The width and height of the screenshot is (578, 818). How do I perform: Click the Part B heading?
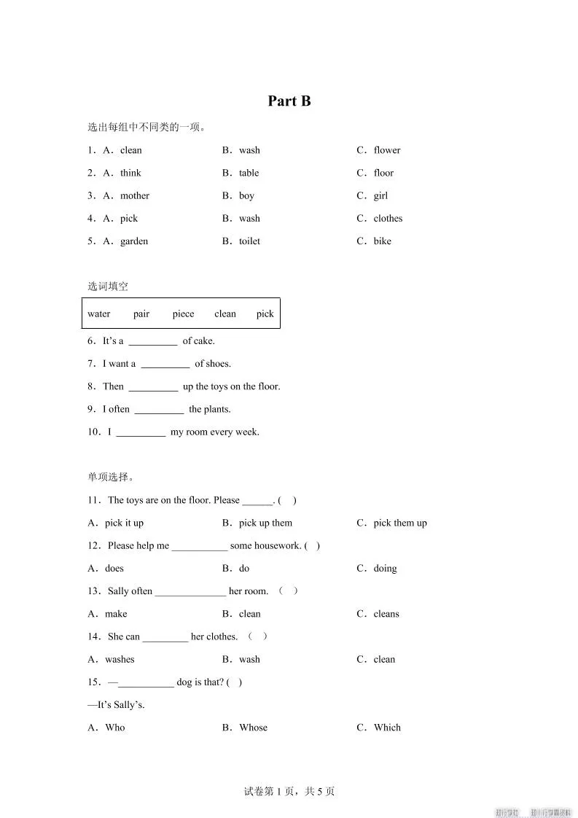(289, 101)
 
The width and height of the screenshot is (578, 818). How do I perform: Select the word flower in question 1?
(387, 150)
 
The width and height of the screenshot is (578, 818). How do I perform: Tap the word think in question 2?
(130, 173)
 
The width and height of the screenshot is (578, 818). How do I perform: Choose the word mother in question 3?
(135, 195)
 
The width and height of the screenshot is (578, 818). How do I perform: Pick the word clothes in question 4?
(388, 218)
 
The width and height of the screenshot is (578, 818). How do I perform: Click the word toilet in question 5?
(249, 241)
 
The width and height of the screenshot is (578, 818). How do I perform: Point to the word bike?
(382, 241)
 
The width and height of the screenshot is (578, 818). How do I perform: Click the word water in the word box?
(99, 313)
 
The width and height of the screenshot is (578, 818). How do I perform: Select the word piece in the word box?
(183, 313)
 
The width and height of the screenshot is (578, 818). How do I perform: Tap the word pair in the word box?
(141, 313)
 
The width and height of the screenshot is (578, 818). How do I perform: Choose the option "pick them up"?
(400, 523)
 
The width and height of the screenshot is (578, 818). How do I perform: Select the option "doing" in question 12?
(385, 568)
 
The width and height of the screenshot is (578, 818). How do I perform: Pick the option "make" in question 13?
(116, 614)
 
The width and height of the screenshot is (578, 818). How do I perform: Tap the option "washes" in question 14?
(120, 659)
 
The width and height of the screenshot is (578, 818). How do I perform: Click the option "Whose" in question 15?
(253, 727)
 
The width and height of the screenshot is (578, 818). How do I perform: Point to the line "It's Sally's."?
(117, 704)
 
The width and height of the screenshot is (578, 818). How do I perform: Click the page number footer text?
(289, 791)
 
